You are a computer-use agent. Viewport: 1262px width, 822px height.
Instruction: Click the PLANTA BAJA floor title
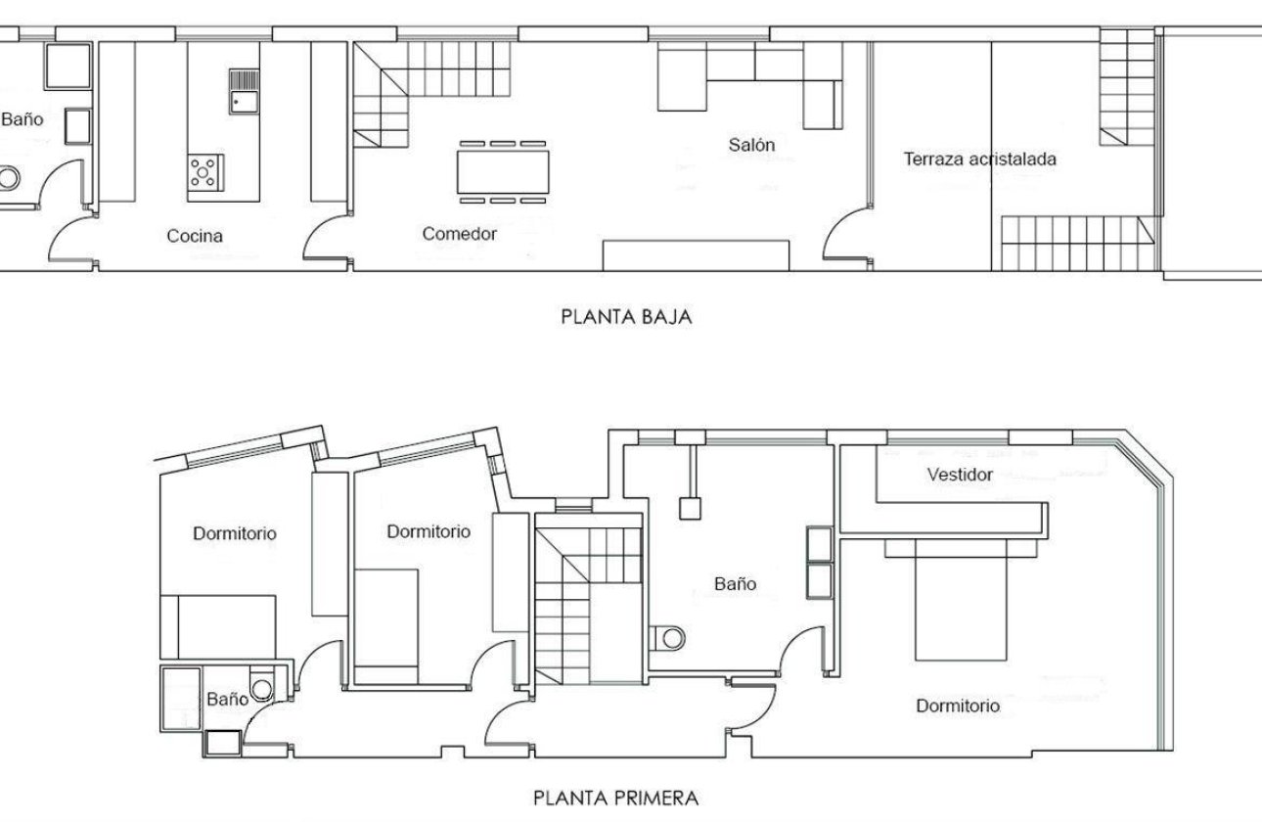626,317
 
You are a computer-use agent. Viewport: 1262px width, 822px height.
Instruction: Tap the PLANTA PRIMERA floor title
616,798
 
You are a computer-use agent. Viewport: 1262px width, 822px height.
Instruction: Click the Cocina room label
195,236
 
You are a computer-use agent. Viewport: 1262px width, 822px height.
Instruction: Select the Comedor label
460,234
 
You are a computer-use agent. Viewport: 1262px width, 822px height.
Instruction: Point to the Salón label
751,146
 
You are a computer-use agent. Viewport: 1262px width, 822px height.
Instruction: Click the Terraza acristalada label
979,159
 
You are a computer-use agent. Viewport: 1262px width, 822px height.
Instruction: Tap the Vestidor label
959,475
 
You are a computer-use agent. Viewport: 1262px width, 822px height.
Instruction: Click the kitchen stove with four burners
205,172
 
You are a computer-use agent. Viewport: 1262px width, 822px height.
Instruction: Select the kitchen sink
244,92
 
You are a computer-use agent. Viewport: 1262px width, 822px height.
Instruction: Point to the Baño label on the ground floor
22,119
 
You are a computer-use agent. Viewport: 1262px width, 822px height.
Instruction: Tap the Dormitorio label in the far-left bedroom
234,534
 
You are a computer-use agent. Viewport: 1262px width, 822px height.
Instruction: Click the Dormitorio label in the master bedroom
958,706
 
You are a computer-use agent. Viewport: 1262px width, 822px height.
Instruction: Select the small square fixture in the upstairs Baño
691,507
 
